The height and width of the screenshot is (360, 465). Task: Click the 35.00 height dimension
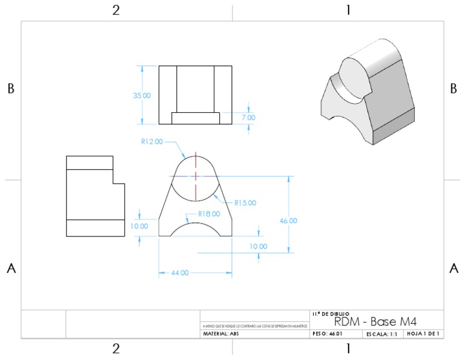point(142,96)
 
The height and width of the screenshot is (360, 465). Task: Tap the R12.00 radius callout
point(152,142)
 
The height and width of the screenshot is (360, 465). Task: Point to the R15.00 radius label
point(245,202)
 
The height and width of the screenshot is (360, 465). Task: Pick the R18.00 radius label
point(209,213)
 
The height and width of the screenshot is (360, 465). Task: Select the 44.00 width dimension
point(180,273)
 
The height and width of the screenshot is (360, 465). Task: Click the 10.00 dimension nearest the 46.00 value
point(259,247)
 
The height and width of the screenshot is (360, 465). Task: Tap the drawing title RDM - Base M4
point(375,321)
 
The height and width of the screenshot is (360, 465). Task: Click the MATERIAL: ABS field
point(220,333)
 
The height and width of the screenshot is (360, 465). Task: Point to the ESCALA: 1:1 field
point(381,333)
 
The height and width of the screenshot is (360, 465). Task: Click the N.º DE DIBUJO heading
point(330,313)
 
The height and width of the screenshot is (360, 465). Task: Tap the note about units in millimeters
point(254,326)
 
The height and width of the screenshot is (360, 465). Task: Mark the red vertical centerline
point(196,176)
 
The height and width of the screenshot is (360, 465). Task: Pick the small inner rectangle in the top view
point(195,118)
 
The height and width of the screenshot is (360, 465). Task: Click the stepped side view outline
point(95,196)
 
